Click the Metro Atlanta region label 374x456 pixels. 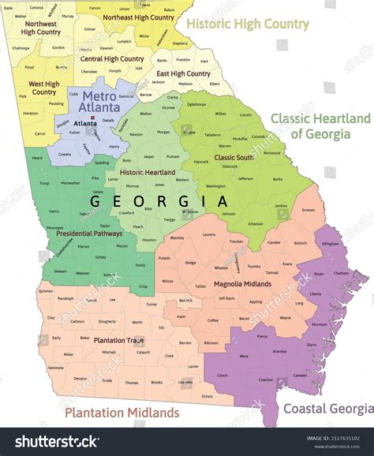click(101, 101)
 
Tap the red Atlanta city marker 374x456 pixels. click(94, 118)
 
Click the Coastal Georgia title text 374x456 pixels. click(327, 408)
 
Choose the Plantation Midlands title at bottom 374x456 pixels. click(122, 413)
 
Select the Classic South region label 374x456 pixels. click(233, 158)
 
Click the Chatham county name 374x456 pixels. click(341, 274)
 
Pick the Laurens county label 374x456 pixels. click(208, 235)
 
